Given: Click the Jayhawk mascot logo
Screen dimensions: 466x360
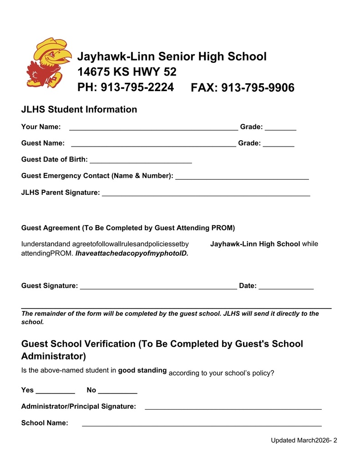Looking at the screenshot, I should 48,62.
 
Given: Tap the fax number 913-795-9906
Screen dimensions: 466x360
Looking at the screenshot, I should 258,87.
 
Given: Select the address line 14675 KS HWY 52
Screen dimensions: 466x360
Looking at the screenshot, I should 127,72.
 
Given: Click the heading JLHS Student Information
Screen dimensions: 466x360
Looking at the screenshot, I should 79,109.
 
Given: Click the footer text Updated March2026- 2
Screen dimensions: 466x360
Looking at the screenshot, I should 304,440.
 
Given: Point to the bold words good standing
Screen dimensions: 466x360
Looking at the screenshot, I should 142,370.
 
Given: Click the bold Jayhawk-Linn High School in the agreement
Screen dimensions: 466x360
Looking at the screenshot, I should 255,244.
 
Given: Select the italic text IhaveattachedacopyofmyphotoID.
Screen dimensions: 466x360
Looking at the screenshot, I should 132,253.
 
